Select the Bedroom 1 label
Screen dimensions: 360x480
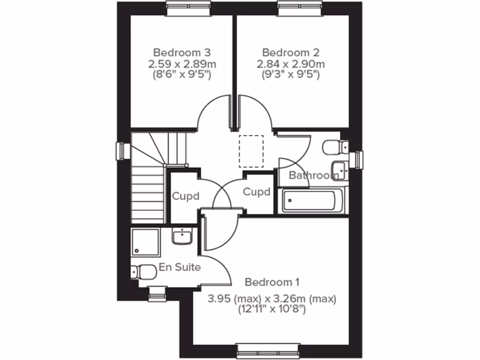(272, 282)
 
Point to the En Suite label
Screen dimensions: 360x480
(180, 267)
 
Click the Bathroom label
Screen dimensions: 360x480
(313, 176)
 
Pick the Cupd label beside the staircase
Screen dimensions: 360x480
(186, 196)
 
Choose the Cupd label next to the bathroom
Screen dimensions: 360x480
(257, 192)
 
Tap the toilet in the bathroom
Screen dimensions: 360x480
(334, 148)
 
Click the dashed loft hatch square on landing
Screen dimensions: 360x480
(251, 151)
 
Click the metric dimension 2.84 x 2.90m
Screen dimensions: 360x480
(290, 63)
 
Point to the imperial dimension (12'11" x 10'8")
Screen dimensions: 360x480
(272, 309)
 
